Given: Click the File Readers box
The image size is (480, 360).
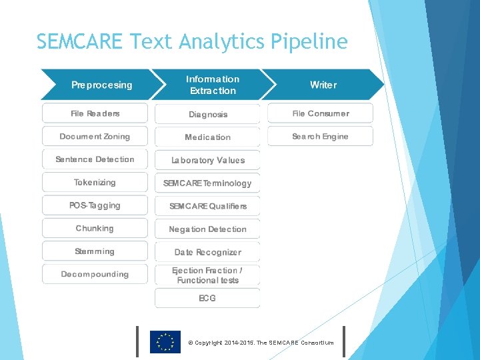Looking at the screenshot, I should pos(95,113).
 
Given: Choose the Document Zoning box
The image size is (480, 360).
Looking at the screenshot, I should pos(95,137).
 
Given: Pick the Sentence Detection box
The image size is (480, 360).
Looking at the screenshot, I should pos(95,159).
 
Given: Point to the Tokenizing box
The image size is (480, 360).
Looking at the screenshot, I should pos(95,182).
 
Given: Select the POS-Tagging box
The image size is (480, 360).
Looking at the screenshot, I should pos(95,205).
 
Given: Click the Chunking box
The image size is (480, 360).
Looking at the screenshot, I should pos(95,228).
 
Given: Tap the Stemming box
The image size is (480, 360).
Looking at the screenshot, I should pos(95,251).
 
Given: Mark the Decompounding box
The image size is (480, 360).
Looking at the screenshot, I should pos(95,274).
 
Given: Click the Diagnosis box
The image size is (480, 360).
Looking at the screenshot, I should pos(207,114).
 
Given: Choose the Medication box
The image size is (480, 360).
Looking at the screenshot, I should pos(207,137).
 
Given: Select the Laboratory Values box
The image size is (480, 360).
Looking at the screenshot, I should pos(207,160).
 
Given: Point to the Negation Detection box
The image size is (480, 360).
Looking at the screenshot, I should pos(207,229).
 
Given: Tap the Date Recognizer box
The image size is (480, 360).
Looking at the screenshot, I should pos(207,252).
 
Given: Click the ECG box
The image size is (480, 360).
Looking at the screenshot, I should pos(207,298).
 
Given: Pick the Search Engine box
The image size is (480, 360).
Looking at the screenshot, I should pos(320,137).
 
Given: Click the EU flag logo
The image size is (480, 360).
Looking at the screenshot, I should pos(165,342).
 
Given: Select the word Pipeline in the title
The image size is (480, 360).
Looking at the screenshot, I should pos(309,42).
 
